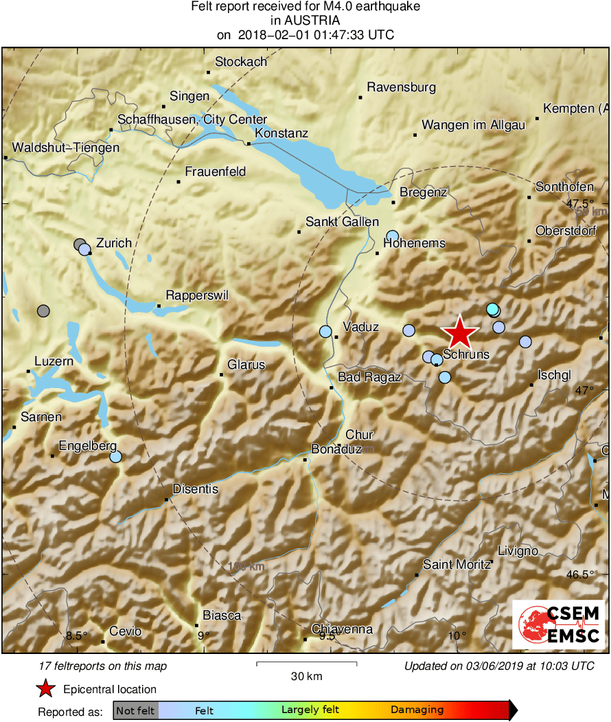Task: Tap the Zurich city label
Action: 113,243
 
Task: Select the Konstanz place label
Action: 281,133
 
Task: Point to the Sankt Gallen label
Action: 342,222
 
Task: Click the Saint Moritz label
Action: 457,564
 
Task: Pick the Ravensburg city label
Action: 402,87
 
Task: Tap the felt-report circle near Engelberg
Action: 115,456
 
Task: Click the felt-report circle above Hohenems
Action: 392,236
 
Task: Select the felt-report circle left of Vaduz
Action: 325,331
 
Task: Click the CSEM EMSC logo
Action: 559,624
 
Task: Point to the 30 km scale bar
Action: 306,664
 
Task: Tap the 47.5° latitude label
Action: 580,204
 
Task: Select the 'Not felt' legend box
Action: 135,710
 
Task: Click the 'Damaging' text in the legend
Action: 417,710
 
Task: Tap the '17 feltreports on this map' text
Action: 103,666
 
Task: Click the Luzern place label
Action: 54,361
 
